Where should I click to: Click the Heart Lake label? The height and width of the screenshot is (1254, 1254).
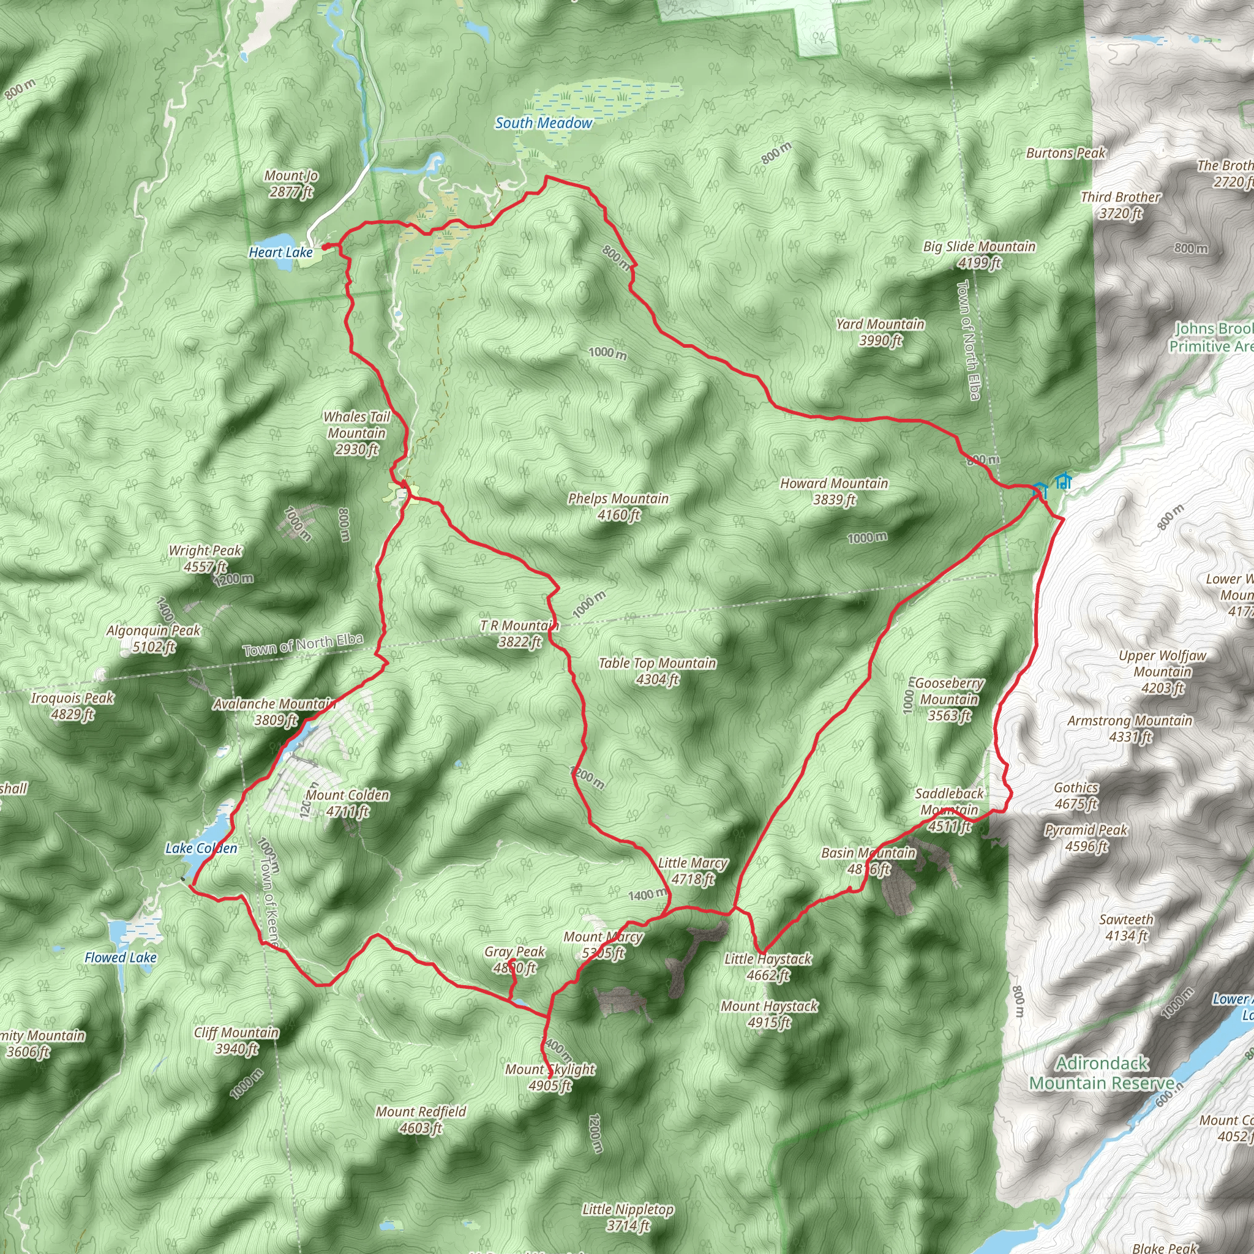point(280,252)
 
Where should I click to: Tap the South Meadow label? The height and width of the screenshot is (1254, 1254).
point(543,122)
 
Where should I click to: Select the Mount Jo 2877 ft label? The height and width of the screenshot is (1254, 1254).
point(291,184)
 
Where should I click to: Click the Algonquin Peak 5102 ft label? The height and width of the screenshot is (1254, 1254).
point(154,638)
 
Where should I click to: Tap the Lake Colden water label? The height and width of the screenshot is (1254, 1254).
point(201,847)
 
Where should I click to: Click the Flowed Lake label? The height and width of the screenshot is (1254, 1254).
point(121,958)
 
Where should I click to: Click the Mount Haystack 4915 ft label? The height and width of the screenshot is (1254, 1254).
point(769,1014)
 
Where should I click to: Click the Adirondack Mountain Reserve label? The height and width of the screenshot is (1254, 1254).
point(1102,1073)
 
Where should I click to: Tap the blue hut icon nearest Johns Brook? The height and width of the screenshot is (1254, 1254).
point(1062,482)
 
